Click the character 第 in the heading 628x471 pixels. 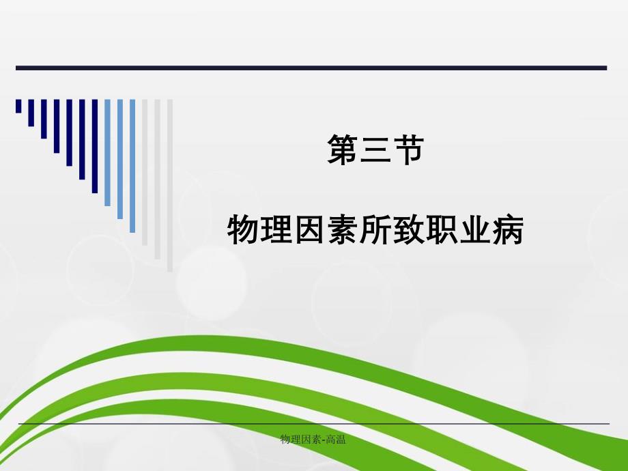tap(343, 149)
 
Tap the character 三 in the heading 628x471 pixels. tap(375, 149)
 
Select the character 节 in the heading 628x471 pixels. tap(408, 149)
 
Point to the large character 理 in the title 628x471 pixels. tap(276, 230)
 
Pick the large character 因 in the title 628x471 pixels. tap(309, 230)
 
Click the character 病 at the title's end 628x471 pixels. tap(507, 230)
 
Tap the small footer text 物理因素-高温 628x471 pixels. tap(313, 440)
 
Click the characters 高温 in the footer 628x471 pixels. tap(336, 440)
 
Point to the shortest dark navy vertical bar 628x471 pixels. tap(18, 106)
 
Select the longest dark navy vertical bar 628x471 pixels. tap(95, 146)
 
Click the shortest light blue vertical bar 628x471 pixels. tap(107, 153)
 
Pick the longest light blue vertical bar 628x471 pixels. tap(132, 166)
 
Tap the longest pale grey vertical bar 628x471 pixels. tap(170, 186)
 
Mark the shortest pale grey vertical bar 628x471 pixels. tap(145, 172)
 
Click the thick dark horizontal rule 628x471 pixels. tap(311, 68)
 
